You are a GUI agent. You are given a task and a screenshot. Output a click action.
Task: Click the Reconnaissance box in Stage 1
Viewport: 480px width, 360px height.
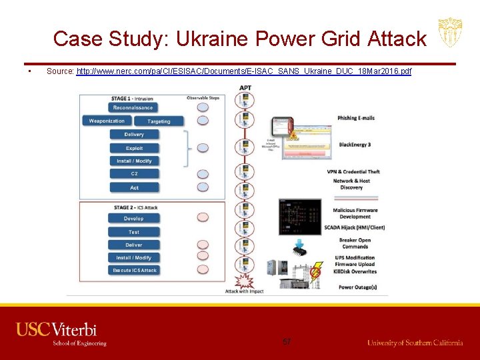(133, 108)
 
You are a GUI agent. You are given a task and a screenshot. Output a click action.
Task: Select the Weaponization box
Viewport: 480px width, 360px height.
(107, 121)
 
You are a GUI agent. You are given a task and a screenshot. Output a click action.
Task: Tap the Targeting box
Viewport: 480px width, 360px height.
(159, 121)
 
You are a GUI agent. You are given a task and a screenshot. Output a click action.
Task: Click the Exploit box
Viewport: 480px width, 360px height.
(134, 148)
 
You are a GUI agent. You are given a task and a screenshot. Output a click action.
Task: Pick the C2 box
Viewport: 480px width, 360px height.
(134, 174)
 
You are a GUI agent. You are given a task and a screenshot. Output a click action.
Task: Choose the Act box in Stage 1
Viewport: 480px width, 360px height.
(134, 187)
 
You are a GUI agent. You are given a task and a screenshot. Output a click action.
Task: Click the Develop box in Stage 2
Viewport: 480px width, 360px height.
(133, 219)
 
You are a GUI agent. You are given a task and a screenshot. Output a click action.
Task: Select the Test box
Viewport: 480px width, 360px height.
(133, 232)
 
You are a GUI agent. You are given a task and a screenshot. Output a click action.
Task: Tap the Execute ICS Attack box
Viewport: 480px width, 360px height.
(134, 271)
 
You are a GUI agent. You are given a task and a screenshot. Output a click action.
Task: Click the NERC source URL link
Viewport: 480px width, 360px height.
(244, 71)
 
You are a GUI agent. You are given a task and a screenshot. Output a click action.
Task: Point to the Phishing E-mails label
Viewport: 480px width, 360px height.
(356, 118)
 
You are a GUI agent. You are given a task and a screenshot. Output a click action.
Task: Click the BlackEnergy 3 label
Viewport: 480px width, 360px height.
(355, 145)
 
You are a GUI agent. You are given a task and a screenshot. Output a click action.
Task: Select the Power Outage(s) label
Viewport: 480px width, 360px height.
(357, 287)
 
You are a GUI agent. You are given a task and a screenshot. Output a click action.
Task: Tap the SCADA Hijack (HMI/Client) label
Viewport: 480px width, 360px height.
(355, 227)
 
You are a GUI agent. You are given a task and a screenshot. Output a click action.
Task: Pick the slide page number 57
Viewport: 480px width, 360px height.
(287, 342)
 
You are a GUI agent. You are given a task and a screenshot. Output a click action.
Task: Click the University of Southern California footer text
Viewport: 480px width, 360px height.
(415, 343)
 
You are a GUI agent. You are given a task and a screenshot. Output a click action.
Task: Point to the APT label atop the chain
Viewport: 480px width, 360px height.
(245, 88)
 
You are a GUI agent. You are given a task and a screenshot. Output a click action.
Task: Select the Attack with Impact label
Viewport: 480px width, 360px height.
(244, 291)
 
